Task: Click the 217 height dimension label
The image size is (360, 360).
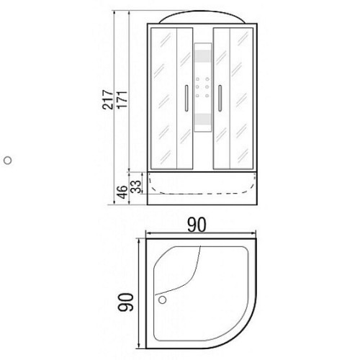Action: tap(107, 100)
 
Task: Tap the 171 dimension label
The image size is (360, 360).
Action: tap(122, 99)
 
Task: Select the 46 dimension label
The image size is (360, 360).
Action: tap(123, 192)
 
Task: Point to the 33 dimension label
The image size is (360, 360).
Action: tap(136, 186)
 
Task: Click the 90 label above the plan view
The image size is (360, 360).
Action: tap(197, 225)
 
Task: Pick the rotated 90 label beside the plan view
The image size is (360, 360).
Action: tap(125, 302)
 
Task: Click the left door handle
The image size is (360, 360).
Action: tap(186, 98)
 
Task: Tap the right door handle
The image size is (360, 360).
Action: tap(220, 98)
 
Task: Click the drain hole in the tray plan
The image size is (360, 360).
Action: tap(163, 300)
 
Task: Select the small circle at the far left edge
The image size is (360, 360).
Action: tap(8, 161)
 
